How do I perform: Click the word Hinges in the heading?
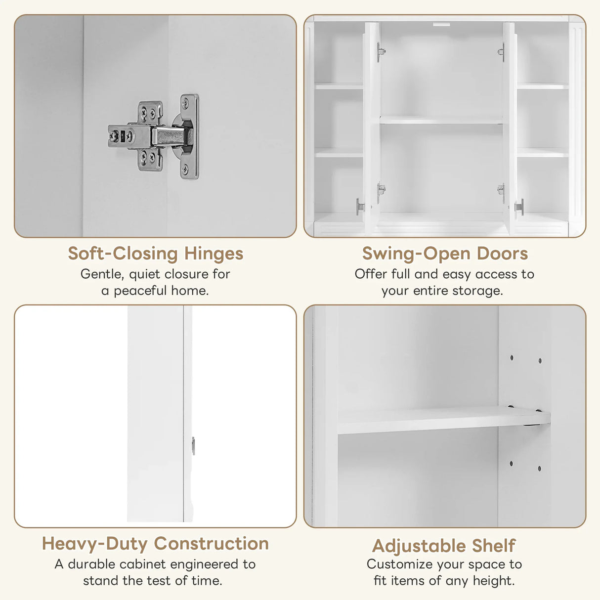(214, 254)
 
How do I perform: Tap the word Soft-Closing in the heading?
(123, 254)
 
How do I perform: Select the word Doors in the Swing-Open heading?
(502, 254)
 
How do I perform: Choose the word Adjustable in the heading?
(419, 546)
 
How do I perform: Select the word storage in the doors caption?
(477, 291)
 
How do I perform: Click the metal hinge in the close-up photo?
(154, 135)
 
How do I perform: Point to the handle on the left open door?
(359, 206)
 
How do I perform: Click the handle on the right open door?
(519, 207)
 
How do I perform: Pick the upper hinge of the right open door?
(501, 51)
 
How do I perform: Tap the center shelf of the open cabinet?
(441, 120)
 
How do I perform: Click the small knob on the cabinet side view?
(193, 445)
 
